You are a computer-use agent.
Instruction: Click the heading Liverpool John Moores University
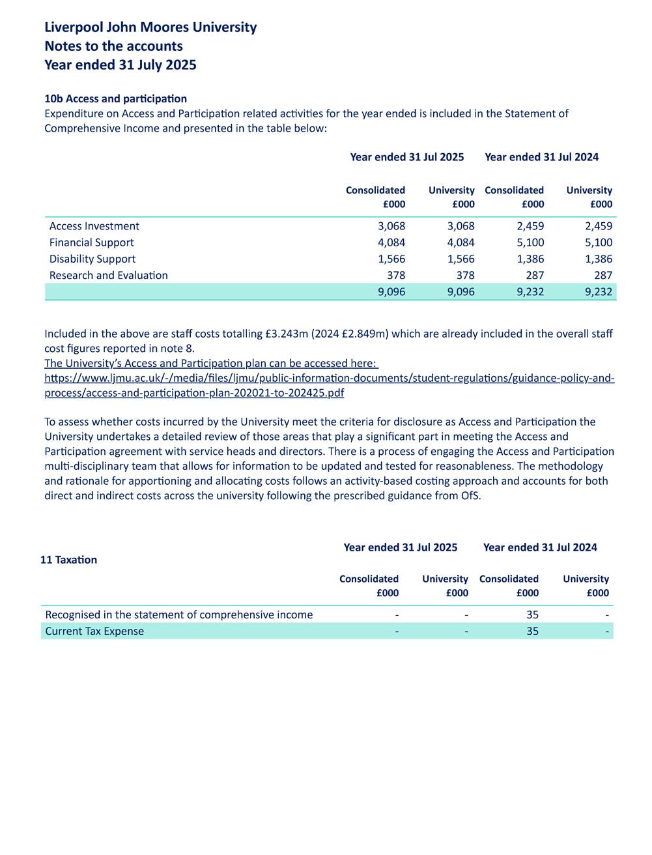click(150, 27)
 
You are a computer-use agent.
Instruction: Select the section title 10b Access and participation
click(115, 98)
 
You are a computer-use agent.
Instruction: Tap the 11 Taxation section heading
click(68, 560)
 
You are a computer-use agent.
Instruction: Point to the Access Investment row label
click(94, 226)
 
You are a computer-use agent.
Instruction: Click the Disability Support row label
click(92, 259)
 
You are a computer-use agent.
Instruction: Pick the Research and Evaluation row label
click(109, 275)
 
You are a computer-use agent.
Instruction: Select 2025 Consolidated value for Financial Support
click(391, 242)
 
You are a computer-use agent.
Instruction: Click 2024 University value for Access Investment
click(599, 226)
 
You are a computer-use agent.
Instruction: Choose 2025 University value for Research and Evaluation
click(464, 275)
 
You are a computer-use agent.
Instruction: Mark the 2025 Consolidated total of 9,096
click(391, 292)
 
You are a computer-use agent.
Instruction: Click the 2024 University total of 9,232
click(599, 292)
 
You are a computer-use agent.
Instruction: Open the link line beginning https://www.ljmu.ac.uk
click(329, 379)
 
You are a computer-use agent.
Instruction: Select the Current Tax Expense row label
click(94, 631)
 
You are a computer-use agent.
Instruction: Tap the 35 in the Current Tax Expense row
click(532, 631)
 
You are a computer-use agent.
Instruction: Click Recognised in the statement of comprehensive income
click(179, 615)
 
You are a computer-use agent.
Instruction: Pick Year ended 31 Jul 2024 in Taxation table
click(540, 547)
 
